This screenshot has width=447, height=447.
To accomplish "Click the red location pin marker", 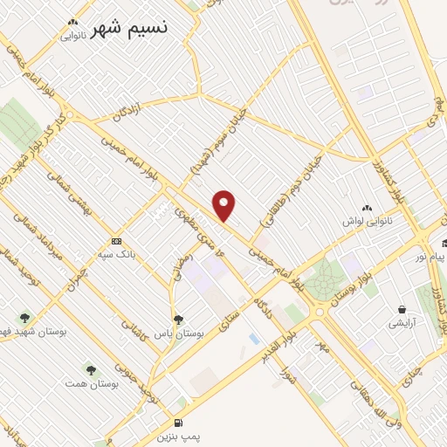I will click(x=225, y=205).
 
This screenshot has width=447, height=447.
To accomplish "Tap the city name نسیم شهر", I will click(x=132, y=27).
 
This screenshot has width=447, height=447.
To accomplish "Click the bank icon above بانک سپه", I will click(x=116, y=242).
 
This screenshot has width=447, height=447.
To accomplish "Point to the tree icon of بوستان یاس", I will click(x=178, y=320).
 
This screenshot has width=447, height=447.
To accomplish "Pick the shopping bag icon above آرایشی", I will click(x=401, y=309).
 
